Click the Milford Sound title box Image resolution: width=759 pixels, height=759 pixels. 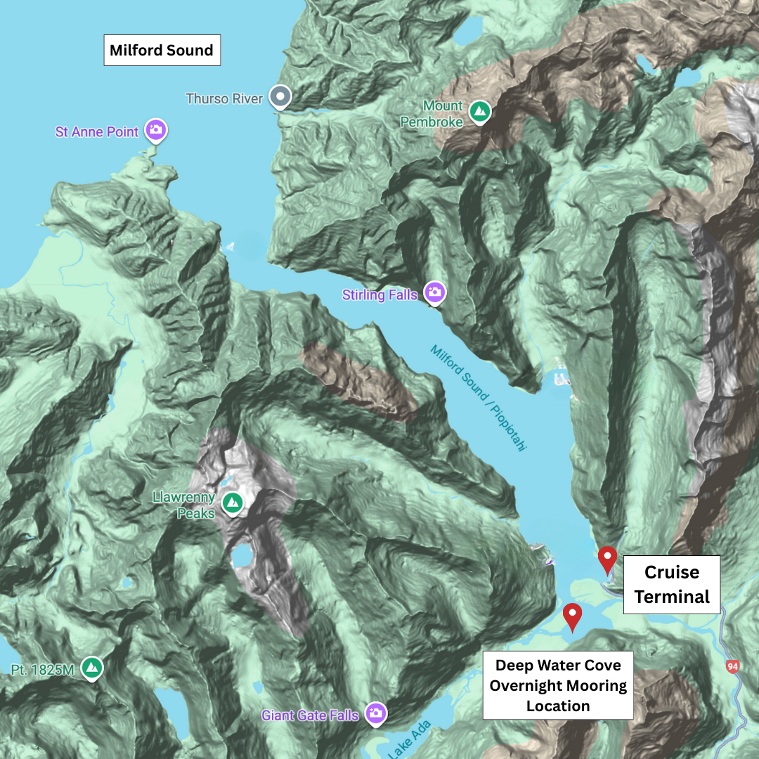pyautogui.click(x=162, y=51)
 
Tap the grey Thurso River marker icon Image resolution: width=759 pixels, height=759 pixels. pyautogui.click(x=281, y=96)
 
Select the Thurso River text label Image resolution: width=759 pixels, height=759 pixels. pyautogui.click(x=224, y=99)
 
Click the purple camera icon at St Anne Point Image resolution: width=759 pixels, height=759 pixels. pyautogui.click(x=156, y=130)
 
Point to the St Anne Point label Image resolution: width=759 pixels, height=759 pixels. pyautogui.click(x=97, y=132)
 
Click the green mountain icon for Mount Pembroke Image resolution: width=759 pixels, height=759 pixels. pyautogui.click(x=480, y=111)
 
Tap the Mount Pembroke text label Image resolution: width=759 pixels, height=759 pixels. pyautogui.click(x=432, y=114)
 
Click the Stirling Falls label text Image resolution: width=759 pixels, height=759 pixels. pyautogui.click(x=379, y=295)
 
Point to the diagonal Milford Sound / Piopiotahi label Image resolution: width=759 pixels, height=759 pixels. pyautogui.click(x=478, y=398)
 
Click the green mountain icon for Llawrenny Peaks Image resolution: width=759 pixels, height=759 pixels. pyautogui.click(x=232, y=502)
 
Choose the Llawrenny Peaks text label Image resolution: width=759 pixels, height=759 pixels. pyautogui.click(x=184, y=505)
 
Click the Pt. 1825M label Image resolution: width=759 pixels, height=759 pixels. pyautogui.click(x=43, y=670)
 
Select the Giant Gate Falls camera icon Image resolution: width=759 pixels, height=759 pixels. pyautogui.click(x=376, y=713)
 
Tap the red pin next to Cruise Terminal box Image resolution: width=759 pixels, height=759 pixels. pyautogui.click(x=607, y=559)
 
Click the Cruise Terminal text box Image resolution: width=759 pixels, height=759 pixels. pyautogui.click(x=672, y=585)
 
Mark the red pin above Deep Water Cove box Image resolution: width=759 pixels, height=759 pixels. pyautogui.click(x=573, y=615)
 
